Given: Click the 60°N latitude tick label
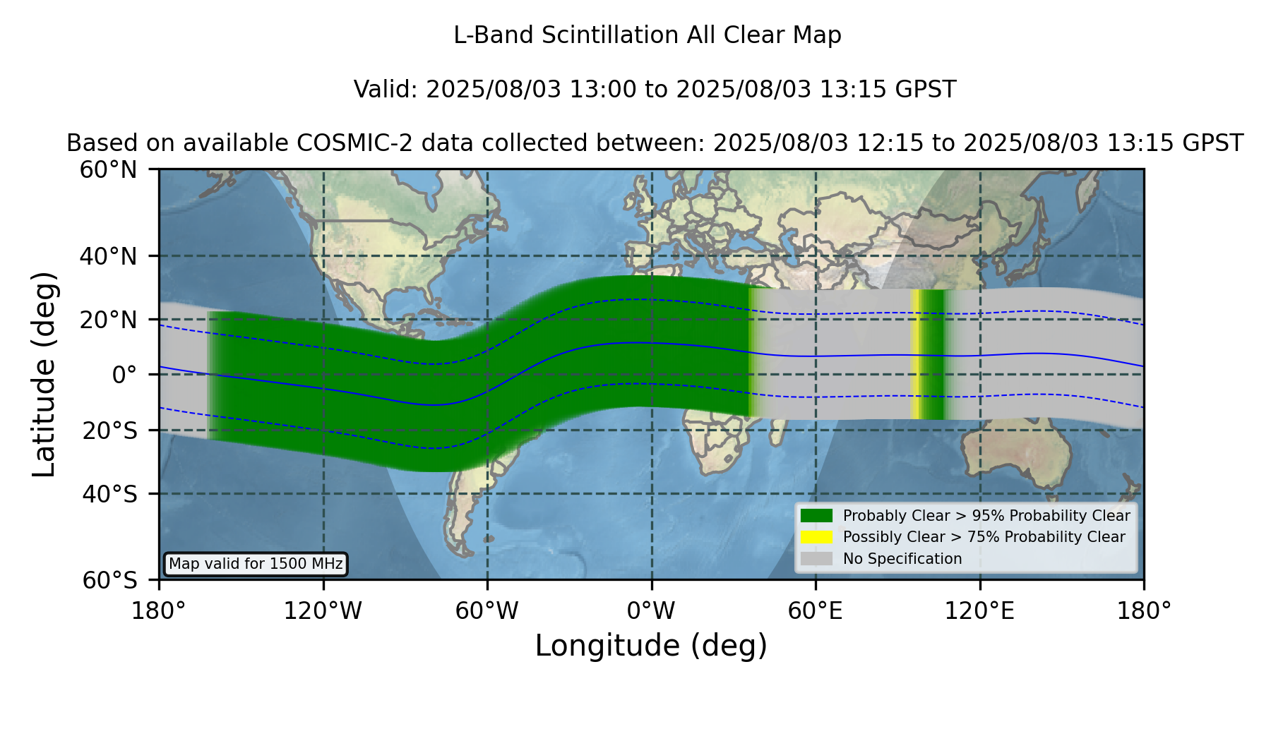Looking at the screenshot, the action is click(108, 170).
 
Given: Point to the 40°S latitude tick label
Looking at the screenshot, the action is click(109, 494).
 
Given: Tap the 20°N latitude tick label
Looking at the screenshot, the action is click(108, 320).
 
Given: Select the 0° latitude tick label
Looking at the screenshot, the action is click(124, 374).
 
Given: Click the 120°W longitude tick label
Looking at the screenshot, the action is click(323, 611).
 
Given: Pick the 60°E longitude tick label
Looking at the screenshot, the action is click(816, 611).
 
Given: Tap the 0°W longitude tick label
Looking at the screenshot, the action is click(652, 611).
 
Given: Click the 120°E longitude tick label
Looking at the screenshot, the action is click(980, 611).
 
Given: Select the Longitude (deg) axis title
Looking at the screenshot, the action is click(651, 646).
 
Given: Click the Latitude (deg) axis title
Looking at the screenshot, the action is click(44, 374).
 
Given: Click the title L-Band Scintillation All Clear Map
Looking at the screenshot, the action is click(648, 35).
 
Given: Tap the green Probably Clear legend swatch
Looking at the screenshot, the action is click(817, 516).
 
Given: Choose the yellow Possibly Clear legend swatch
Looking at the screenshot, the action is click(817, 537).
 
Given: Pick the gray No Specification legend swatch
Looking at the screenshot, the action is click(817, 559).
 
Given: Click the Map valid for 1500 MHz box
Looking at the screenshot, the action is click(256, 564).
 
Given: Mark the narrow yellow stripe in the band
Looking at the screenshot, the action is click(916, 354).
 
